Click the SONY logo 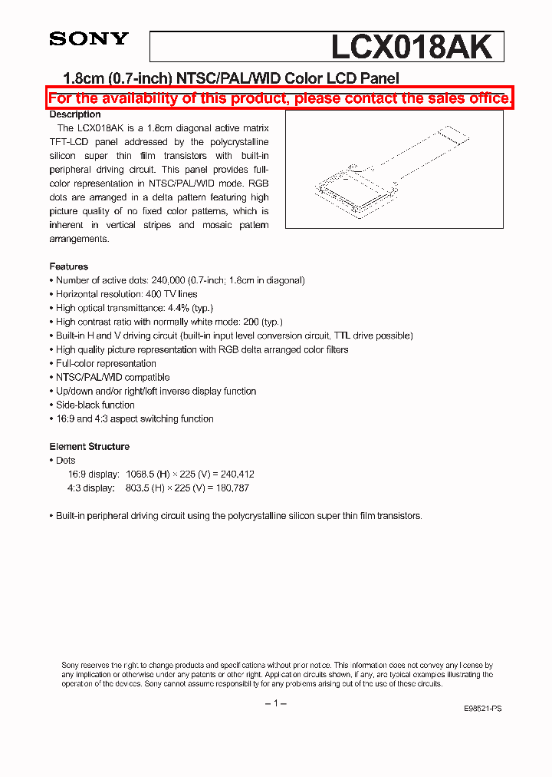click(89, 39)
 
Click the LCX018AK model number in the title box click(411, 48)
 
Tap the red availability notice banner click(280, 98)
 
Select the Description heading click(75, 114)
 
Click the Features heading click(69, 266)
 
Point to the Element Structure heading click(90, 446)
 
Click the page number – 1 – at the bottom click(275, 704)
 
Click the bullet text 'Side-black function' click(95, 405)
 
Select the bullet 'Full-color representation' click(106, 363)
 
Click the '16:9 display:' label click(94, 474)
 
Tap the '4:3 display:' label click(91, 488)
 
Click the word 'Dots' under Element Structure click(66, 461)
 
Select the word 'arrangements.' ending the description click(80, 239)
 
